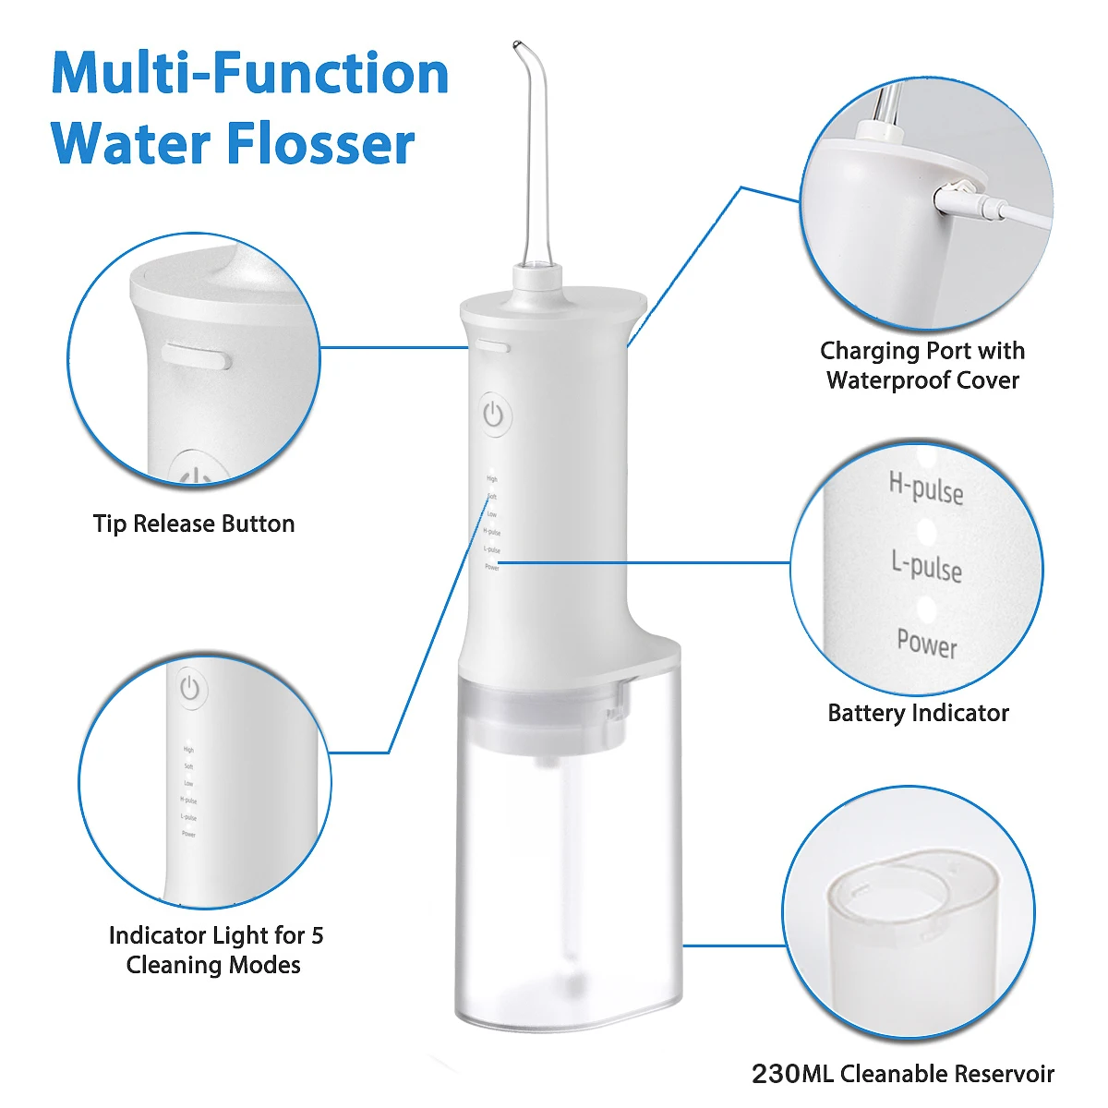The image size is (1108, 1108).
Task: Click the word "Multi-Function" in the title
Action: coord(250,73)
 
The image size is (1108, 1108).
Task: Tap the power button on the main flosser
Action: coord(494,415)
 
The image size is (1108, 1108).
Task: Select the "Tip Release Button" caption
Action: coord(194,524)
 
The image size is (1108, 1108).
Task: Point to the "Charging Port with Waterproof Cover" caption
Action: coord(922,366)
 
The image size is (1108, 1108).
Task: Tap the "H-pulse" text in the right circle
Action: coord(926,487)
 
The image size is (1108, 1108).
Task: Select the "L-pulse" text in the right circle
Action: coord(926,565)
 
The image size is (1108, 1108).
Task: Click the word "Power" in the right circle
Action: coord(927,643)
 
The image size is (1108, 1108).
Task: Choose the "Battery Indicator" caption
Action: coord(918,713)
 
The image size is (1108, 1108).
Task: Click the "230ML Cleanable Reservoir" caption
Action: coord(902,1074)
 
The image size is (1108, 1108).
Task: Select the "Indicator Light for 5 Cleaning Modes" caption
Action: coord(215,950)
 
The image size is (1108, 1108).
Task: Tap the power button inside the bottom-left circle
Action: coord(190,689)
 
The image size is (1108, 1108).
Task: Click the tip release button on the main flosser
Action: coord(494,348)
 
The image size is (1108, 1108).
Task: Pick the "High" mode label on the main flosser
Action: coord(492,479)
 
